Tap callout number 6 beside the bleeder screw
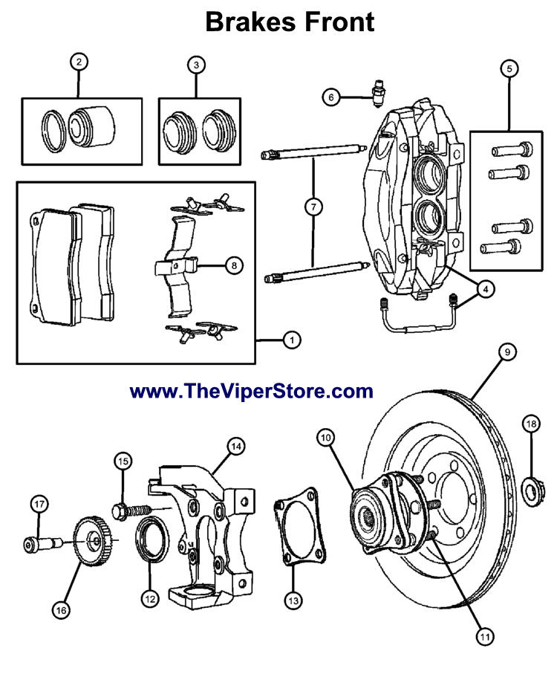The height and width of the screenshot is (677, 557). tap(331, 96)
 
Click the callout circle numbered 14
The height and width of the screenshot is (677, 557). tap(235, 447)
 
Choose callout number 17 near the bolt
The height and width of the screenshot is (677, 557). tap(39, 504)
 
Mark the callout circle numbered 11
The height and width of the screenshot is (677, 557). tap(484, 636)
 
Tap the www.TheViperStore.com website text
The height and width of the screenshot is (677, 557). tap(251, 390)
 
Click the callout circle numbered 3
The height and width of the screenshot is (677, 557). tap(196, 65)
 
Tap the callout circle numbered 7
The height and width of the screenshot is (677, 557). tap(313, 208)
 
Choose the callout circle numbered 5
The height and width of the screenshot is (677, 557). tap(509, 69)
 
